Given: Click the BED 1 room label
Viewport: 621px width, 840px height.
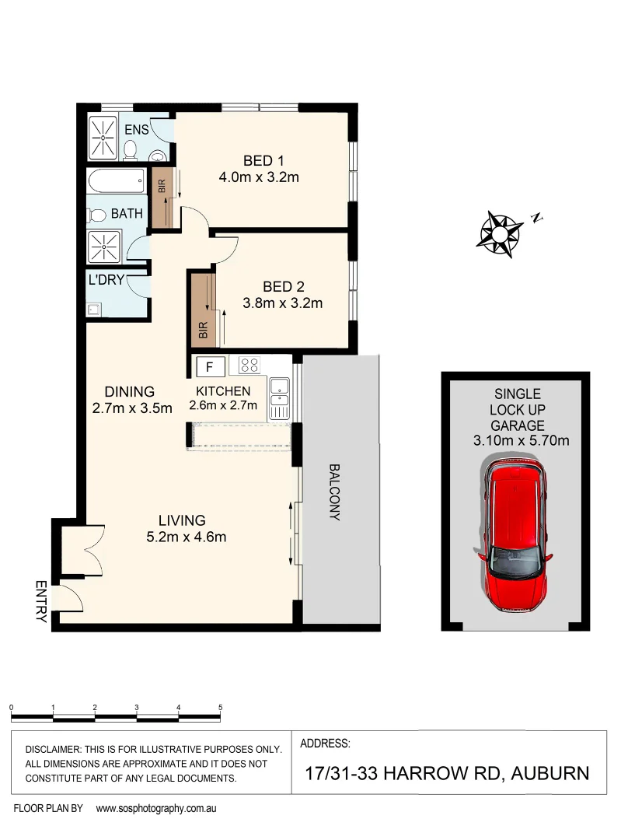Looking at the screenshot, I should point(259,161).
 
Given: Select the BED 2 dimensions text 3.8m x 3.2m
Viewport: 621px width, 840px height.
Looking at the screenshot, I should point(281,303).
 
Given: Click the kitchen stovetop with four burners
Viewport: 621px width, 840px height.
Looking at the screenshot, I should point(249,365).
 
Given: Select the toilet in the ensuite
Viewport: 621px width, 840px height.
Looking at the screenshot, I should point(131,148).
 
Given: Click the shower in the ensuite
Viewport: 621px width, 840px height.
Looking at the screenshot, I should point(101,137).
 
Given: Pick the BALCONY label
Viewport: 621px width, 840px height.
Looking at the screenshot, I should point(335,492).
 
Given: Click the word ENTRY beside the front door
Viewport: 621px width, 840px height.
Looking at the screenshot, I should point(40,601).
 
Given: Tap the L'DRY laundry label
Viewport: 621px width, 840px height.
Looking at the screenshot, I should point(106,279).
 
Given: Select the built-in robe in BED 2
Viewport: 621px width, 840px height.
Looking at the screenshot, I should point(204,309).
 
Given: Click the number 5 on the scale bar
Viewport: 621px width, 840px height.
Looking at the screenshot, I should point(221,707).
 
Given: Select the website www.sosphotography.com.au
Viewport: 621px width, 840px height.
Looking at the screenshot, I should point(155,808).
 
